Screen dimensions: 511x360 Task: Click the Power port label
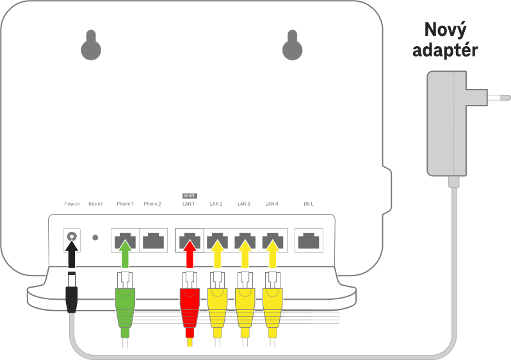tap(72, 204)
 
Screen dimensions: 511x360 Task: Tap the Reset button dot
tap(95, 238)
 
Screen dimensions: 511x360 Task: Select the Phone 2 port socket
tap(154, 241)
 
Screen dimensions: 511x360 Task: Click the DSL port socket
tap(309, 241)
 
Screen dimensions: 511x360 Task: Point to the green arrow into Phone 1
tap(125, 254)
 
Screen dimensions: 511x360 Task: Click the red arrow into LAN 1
tap(190, 254)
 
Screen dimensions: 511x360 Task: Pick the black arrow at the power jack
tap(72, 254)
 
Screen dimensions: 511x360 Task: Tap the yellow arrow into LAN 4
tap(273, 254)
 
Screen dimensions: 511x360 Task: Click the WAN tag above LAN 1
tap(190, 195)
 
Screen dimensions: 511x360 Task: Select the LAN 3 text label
tap(244, 204)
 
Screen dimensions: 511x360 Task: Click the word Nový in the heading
tap(446, 30)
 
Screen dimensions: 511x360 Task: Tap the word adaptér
tap(445, 50)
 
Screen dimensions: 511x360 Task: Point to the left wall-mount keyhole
tap(91, 45)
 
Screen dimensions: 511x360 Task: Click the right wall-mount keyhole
tap(293, 45)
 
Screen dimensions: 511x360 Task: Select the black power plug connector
tap(72, 293)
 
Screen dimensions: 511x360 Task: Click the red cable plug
tap(190, 305)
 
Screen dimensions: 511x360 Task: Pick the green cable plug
tap(125, 305)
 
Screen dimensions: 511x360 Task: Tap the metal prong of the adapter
tap(499, 97)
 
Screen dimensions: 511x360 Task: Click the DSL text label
tap(309, 204)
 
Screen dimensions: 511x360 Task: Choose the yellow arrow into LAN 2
tap(217, 254)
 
